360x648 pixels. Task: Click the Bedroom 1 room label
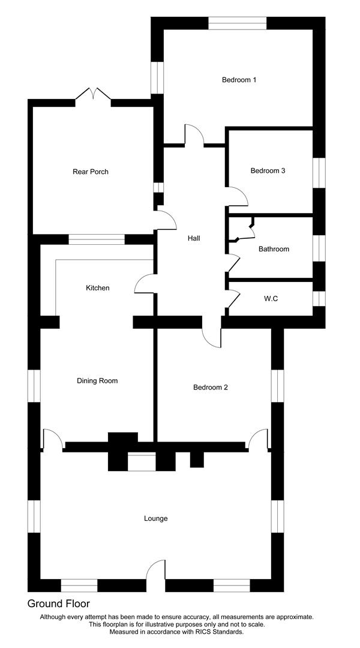pyautogui.click(x=239, y=80)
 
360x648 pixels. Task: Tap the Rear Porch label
pyautogui.click(x=91, y=172)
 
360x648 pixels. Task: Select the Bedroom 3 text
pyautogui.click(x=268, y=170)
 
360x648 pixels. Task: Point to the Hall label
pyautogui.click(x=194, y=238)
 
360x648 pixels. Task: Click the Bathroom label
pyautogui.click(x=274, y=249)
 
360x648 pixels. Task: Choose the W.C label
pyautogui.click(x=271, y=299)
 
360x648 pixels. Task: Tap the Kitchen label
pyautogui.click(x=98, y=287)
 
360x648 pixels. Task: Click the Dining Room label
pyautogui.click(x=97, y=380)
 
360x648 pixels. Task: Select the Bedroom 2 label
pyautogui.click(x=211, y=387)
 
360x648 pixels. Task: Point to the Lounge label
pyautogui.click(x=156, y=518)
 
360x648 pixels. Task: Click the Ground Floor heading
pyautogui.click(x=58, y=604)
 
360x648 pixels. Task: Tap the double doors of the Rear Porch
pyautogui.click(x=93, y=94)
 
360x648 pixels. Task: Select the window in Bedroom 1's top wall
pyautogui.click(x=237, y=23)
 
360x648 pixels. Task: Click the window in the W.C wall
pyautogui.click(x=319, y=299)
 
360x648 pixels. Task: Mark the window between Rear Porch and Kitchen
pyautogui.click(x=97, y=239)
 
